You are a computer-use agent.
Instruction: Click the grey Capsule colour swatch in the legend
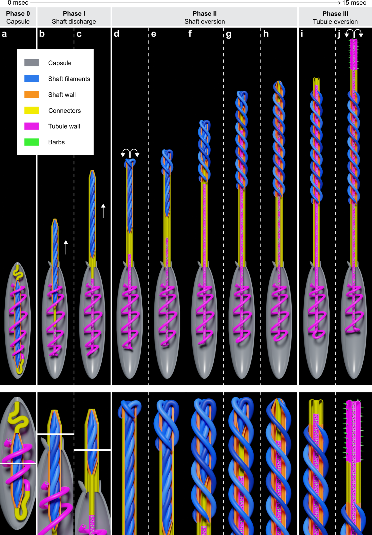[x=32, y=63]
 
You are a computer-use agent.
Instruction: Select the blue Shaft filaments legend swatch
[x=32, y=79]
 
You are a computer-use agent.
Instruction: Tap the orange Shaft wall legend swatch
[x=32, y=94]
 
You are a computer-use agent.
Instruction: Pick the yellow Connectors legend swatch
[x=32, y=110]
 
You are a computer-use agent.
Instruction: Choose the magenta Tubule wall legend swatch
[x=32, y=126]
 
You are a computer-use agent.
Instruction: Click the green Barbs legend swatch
[x=32, y=142]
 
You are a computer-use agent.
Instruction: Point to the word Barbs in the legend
[x=56, y=142]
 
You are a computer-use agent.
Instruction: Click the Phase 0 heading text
[x=18, y=14]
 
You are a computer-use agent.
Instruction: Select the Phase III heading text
[x=335, y=14]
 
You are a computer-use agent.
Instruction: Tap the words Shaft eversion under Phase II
[x=205, y=22]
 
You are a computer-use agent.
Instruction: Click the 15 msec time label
[x=354, y=3]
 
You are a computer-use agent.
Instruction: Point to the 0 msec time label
[x=18, y=3]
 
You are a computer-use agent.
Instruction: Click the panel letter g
[x=229, y=34]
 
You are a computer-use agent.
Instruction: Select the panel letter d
[x=117, y=34]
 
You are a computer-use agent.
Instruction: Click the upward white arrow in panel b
[x=66, y=247]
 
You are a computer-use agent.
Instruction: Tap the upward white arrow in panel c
[x=103, y=210]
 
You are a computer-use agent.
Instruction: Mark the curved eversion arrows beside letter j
[x=354, y=33]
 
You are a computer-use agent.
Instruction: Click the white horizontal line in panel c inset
[x=92, y=449]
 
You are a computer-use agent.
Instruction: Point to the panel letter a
[x=4, y=34]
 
